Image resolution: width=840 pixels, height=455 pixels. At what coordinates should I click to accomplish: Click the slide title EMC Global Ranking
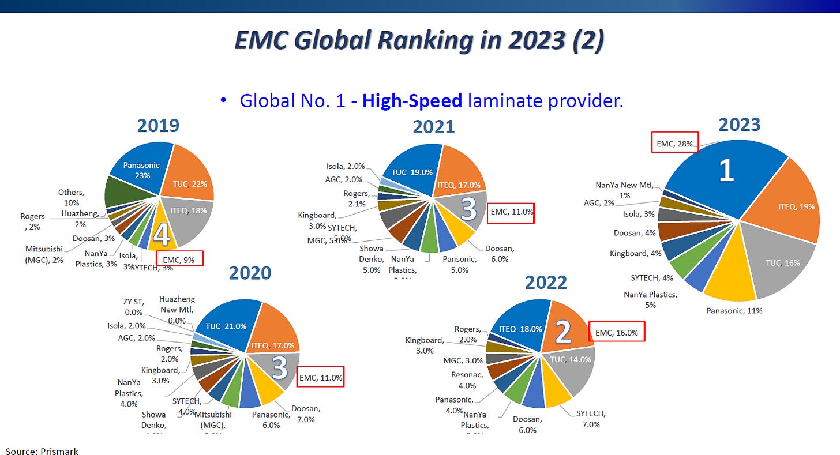pos(419,41)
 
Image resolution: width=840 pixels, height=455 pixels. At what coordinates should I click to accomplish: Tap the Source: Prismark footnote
pos(42,450)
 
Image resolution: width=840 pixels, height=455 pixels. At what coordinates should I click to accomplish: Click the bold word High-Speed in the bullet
pos(412,101)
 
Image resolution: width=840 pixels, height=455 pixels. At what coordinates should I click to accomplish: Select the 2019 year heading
pos(157,126)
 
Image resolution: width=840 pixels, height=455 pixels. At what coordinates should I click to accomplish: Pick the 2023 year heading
pos(739,125)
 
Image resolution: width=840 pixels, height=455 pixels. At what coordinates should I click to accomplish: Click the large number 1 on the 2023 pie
pos(726,171)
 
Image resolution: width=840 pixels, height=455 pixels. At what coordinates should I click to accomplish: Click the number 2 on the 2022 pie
pos(562,332)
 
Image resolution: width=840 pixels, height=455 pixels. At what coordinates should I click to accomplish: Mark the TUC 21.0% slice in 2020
pos(225,325)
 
